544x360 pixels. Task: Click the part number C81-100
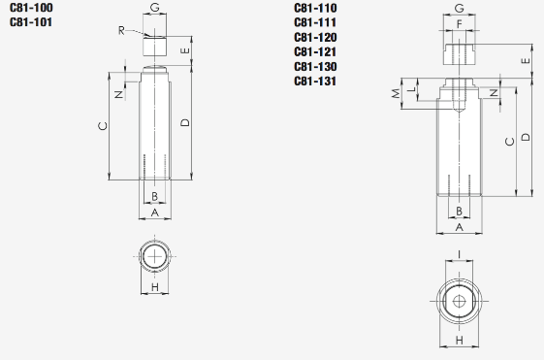[x=31, y=8]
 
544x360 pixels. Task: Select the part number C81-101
[x=31, y=22]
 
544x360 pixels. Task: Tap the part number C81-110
[x=315, y=8]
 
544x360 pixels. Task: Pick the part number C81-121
[x=315, y=52]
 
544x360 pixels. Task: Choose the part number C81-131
[x=315, y=82]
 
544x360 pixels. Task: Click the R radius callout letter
[x=121, y=30]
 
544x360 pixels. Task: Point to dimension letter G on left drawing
[x=155, y=8]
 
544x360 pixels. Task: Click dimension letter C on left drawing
[x=103, y=126]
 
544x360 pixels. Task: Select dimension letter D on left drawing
[x=185, y=122]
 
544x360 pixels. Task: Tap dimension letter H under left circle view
[x=155, y=287]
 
